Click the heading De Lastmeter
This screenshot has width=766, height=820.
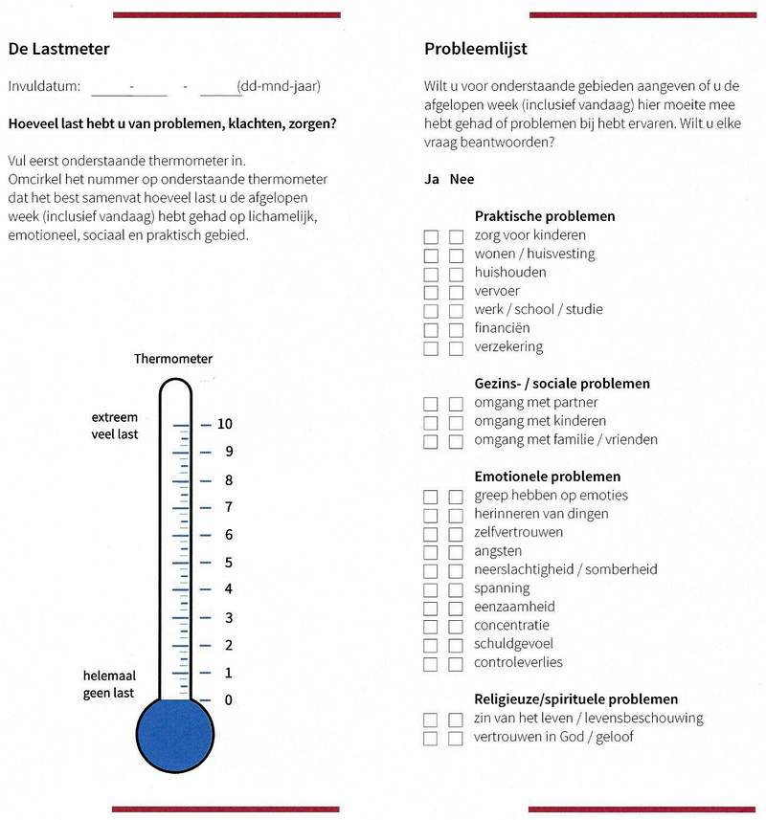[x=58, y=49]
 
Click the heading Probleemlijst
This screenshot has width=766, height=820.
[x=475, y=49]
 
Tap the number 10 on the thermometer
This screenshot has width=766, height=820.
[x=225, y=424]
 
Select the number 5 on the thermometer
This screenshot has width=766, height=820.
[x=228, y=563]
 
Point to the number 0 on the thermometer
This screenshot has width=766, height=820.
[x=228, y=700]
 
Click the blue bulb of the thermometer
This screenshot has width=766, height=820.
[x=173, y=733]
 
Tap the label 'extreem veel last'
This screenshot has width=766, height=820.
[x=115, y=426]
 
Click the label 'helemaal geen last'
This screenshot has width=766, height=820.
[x=108, y=684]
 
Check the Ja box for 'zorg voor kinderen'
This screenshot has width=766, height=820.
[x=431, y=236]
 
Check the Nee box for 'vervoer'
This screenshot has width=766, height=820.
[x=456, y=292]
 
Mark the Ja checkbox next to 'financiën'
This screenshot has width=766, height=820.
[x=431, y=329]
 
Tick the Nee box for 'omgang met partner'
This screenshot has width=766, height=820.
[x=456, y=404]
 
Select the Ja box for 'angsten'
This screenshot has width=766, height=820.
[x=431, y=552]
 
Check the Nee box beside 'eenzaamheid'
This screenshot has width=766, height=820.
[x=456, y=608]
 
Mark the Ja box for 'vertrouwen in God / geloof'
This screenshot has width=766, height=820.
[x=431, y=738]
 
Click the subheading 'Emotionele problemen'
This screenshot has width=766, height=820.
[x=547, y=476]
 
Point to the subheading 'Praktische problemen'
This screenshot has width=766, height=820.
[x=544, y=216]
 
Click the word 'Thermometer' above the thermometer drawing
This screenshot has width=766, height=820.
[x=173, y=359]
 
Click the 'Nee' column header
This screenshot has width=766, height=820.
[x=462, y=179]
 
